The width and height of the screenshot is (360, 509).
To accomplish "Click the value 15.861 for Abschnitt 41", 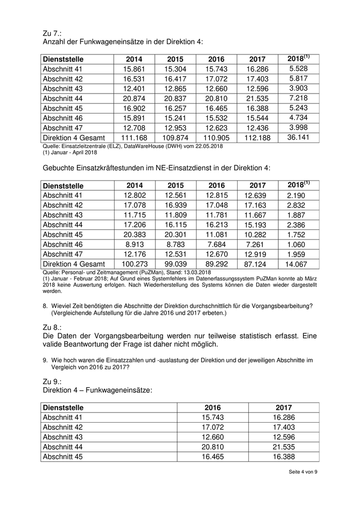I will coord(134,69).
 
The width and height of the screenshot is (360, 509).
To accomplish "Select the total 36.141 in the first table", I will coord(299,137).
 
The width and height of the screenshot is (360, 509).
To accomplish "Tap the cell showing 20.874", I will coord(134,98).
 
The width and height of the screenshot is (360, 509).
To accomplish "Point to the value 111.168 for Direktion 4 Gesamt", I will coord(134,137).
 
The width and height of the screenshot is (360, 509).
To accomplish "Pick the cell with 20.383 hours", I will coord(134,234).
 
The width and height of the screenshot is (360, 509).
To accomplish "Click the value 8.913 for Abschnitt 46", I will coord(134,244).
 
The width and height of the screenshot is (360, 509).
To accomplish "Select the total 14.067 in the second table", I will coord(299,263).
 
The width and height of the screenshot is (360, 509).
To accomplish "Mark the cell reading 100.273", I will coord(134,263).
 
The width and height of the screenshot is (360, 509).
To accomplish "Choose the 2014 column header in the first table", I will coord(134,59).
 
